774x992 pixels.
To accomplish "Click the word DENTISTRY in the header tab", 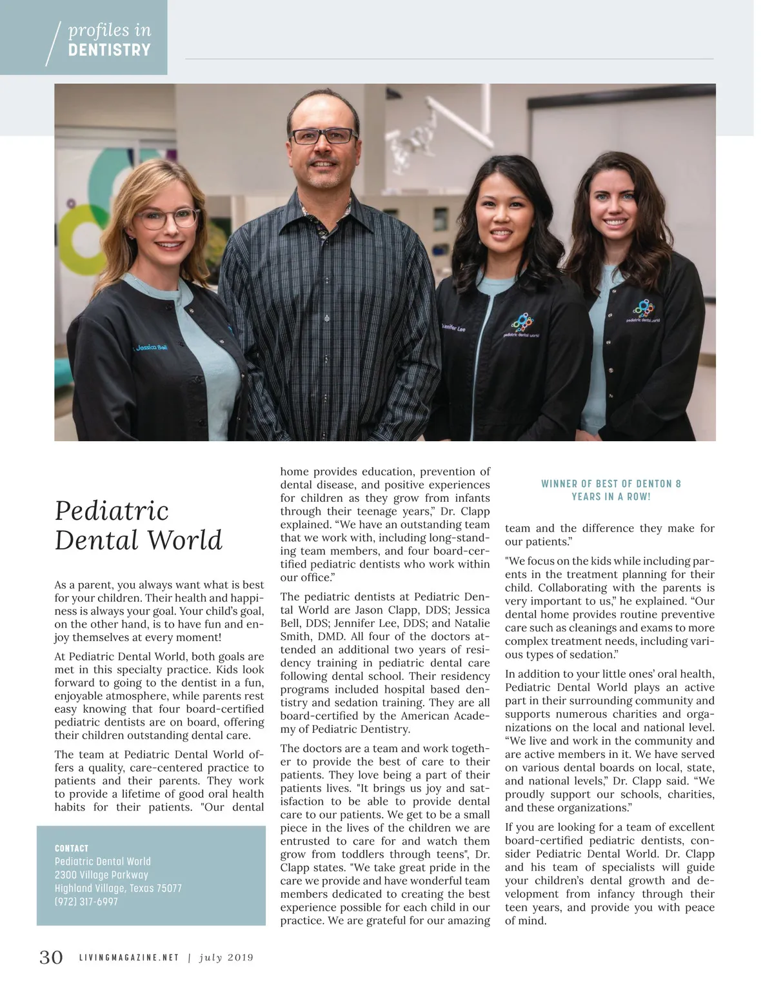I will (x=109, y=50).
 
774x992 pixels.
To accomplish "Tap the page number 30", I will (x=52, y=957).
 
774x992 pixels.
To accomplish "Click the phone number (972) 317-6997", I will (x=86, y=901).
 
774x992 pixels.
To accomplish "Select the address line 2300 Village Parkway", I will (x=101, y=875).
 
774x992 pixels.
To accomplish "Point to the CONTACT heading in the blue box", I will (x=72, y=848).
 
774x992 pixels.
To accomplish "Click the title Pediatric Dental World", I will (x=138, y=526).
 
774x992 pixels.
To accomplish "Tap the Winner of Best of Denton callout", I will (x=611, y=490).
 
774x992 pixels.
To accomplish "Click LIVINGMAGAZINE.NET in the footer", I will (x=129, y=957).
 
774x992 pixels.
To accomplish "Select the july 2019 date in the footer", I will (x=226, y=957).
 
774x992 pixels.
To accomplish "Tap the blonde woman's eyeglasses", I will (x=168, y=218).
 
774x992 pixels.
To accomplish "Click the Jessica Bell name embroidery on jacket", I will (x=150, y=348).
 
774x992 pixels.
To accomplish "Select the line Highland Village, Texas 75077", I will (x=118, y=888).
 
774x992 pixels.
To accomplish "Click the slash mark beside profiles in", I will (x=54, y=43).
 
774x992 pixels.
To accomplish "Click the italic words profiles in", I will (x=109, y=30).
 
